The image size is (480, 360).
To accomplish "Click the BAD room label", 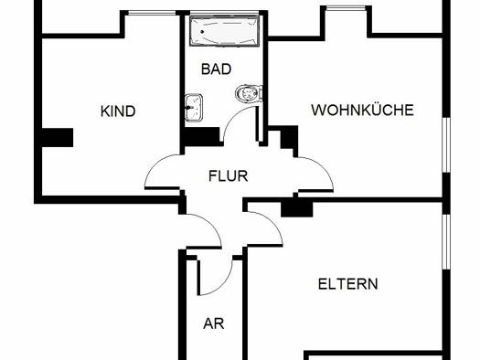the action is [216, 69].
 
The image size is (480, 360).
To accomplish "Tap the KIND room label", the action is [118, 111].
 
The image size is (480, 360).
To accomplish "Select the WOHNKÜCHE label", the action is [362, 110].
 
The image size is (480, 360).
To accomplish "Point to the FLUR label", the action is [228, 175].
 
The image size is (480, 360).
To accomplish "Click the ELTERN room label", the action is [348, 284].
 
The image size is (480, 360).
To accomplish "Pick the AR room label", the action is [214, 323].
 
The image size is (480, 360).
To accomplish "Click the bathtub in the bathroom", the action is [224, 31].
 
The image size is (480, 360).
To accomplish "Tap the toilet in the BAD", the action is [249, 93].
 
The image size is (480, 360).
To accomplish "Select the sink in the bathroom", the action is [194, 108].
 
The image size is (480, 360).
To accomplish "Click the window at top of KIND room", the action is [152, 13].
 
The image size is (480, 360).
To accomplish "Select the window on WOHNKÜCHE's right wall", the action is [446, 145].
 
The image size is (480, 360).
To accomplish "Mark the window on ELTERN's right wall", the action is [446, 242].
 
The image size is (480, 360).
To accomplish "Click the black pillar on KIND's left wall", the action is [58, 137].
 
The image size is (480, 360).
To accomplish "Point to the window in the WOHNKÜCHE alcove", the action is [346, 8].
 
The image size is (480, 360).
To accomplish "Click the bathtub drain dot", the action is [202, 31].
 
